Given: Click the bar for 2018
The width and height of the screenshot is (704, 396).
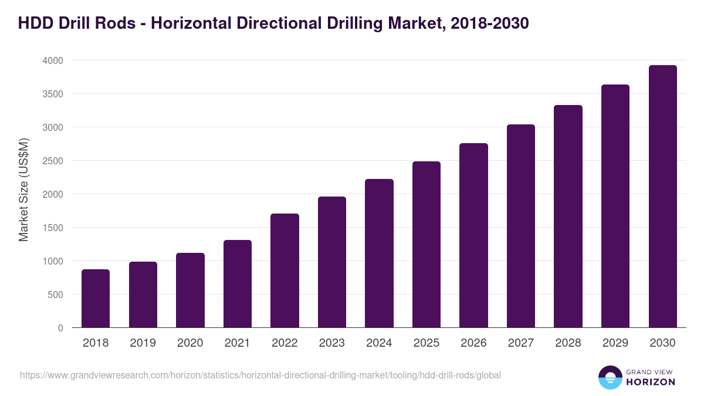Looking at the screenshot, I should pos(96,299).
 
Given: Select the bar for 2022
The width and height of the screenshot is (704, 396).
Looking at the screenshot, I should pos(285,270).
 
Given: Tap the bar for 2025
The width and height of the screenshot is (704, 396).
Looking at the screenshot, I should pos(426,245).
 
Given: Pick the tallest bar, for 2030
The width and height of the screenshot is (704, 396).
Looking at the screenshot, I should pos(662,197).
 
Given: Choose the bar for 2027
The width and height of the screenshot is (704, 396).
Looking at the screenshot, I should pos(520,226).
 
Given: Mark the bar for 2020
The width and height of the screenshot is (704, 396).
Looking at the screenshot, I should pos(190,290).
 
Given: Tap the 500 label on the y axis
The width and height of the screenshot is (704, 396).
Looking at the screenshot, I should pos(55,295).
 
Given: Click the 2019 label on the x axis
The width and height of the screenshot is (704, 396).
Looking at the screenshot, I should pos(143,343).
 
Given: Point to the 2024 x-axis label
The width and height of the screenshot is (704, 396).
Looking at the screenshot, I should pos(379,343).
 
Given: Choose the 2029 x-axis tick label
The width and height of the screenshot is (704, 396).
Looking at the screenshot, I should pos(615,343).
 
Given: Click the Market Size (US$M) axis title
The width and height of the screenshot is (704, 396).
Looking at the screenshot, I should pos(23,189).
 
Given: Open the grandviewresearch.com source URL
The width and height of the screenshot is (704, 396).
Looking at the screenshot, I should pos(260,375).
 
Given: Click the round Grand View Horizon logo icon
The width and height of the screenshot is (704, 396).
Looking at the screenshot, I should pos(610,377).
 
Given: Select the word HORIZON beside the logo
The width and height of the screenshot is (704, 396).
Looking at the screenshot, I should pos(651,382).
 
